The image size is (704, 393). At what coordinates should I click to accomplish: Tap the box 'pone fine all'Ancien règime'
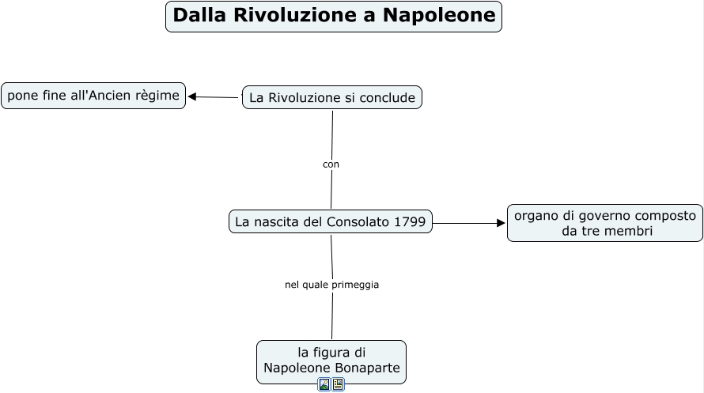(93, 96)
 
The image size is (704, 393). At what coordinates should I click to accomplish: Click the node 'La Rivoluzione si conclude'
(332, 97)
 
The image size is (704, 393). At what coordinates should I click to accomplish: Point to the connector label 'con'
(331, 164)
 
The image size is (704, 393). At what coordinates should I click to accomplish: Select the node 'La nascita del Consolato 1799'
(331, 222)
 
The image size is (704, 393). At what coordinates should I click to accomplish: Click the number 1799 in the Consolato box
(409, 222)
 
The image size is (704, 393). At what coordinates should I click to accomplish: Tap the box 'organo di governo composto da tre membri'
(605, 223)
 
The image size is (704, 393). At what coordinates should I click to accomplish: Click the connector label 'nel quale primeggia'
(331, 285)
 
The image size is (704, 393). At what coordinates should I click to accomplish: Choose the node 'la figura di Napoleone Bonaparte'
(331, 361)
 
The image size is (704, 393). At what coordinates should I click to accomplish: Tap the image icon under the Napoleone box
(324, 385)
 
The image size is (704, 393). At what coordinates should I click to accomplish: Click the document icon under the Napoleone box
(338, 385)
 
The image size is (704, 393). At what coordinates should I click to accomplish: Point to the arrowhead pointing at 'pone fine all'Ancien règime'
(192, 96)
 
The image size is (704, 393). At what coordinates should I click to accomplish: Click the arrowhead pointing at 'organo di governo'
(501, 223)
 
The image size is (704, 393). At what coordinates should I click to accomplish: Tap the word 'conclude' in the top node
(387, 97)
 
